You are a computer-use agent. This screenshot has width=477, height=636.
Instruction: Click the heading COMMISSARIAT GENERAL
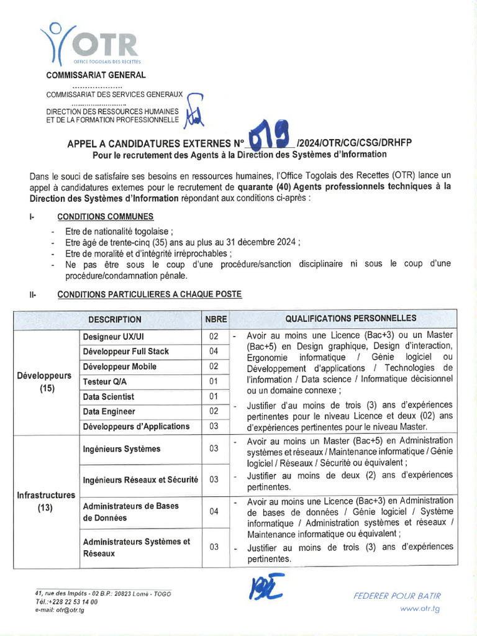[96, 75]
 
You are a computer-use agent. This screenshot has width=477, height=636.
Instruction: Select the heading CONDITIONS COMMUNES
[106, 217]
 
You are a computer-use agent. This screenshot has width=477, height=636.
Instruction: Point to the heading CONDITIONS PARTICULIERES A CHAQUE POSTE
[149, 294]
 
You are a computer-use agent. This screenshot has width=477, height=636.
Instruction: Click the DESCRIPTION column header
[114, 319]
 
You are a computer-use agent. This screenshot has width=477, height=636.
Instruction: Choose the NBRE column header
[216, 319]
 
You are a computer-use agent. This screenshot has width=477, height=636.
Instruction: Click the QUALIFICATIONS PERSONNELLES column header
[351, 319]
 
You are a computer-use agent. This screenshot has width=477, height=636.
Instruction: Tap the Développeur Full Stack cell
[125, 352]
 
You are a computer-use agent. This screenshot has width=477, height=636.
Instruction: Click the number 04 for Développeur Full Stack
[214, 352]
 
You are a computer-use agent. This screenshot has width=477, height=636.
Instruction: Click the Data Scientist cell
[108, 396]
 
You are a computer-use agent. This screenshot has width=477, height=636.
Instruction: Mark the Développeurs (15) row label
[44, 382]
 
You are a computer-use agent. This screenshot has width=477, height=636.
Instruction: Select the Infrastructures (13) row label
[45, 501]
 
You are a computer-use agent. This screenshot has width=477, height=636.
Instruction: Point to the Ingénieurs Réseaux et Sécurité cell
[140, 479]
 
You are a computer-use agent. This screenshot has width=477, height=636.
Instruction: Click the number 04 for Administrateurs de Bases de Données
[214, 511]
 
